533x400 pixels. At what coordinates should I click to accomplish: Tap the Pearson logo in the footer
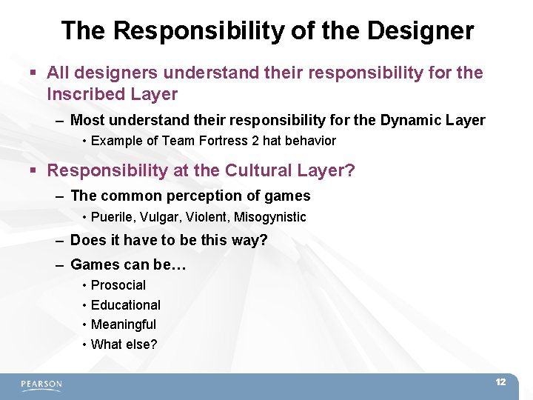pos(41,384)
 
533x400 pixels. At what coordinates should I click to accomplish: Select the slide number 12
pos(500,382)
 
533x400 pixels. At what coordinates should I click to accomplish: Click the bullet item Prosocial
pos(118,285)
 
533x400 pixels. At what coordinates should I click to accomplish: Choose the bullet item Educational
pos(126,305)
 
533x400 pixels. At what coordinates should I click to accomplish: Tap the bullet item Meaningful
pos(124,324)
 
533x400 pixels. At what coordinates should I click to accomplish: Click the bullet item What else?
pos(124,344)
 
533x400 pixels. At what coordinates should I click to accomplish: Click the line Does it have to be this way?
pos(169,241)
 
